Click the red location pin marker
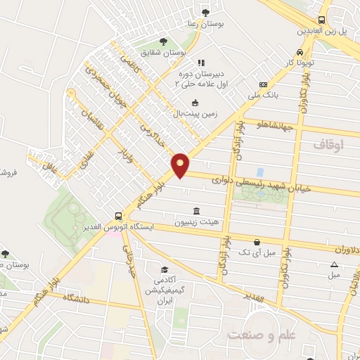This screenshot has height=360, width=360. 181,165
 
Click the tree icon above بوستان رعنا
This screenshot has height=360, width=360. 205,12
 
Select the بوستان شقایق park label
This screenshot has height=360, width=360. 166,53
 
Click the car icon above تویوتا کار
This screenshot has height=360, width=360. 301,52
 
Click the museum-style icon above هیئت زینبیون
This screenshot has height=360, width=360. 195,211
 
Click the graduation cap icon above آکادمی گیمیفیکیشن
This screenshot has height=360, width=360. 165,270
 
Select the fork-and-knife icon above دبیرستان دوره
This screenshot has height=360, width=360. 200,63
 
